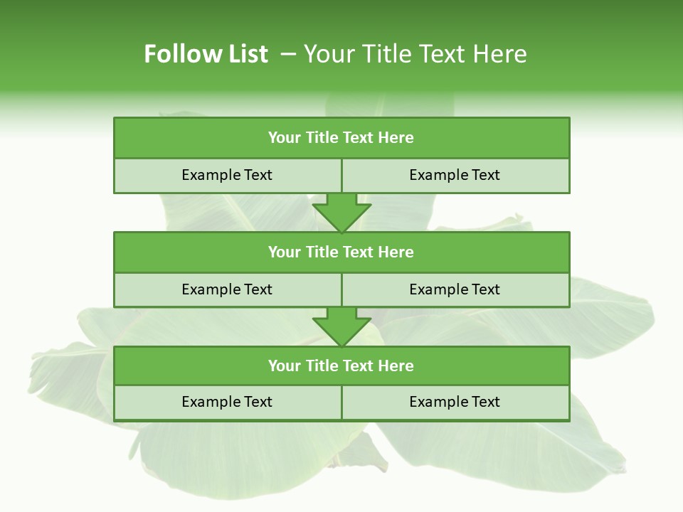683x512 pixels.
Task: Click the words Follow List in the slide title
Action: (206, 54)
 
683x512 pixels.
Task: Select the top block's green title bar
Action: (341, 138)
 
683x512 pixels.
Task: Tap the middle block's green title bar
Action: (341, 252)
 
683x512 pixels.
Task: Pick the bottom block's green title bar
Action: (341, 366)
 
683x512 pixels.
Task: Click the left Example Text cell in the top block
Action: (227, 176)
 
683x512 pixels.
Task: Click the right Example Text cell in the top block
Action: (455, 176)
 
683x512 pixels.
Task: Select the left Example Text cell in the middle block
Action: (227, 290)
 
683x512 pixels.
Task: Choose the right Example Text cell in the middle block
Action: (455, 290)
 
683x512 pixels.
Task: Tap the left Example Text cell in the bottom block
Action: (227, 402)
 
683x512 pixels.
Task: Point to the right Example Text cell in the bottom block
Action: (455, 402)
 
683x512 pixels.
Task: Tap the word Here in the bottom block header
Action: (396, 366)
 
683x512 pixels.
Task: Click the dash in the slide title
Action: (288, 54)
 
